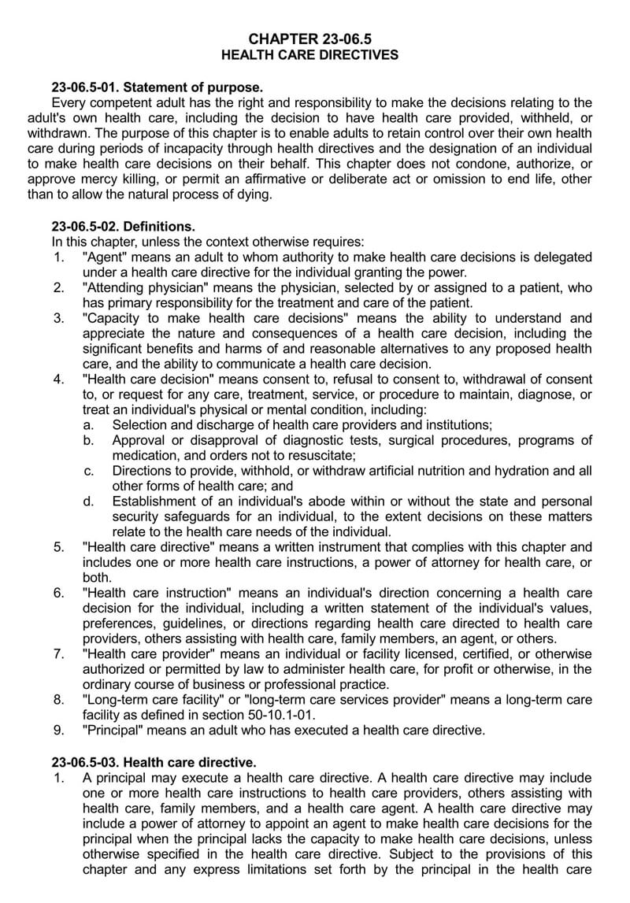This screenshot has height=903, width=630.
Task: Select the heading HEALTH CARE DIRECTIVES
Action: pyautogui.click(x=309, y=55)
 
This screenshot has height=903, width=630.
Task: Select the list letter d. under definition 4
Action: pyautogui.click(x=89, y=501)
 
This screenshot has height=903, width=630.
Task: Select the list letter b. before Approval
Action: pyautogui.click(x=89, y=440)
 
